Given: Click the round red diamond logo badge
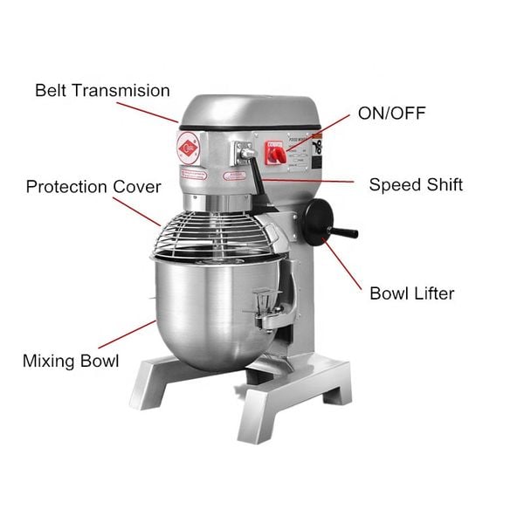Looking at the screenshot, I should pos(191,148).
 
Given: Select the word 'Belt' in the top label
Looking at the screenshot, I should pos(51,90).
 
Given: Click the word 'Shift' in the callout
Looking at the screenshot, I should pos(444,184).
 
